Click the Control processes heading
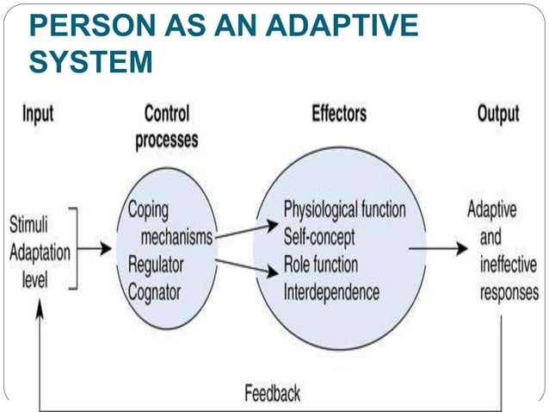tap(166, 128)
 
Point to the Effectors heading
tap(338, 115)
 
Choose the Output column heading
tap(498, 115)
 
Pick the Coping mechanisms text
tap(169, 222)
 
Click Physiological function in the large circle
tap(344, 209)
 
